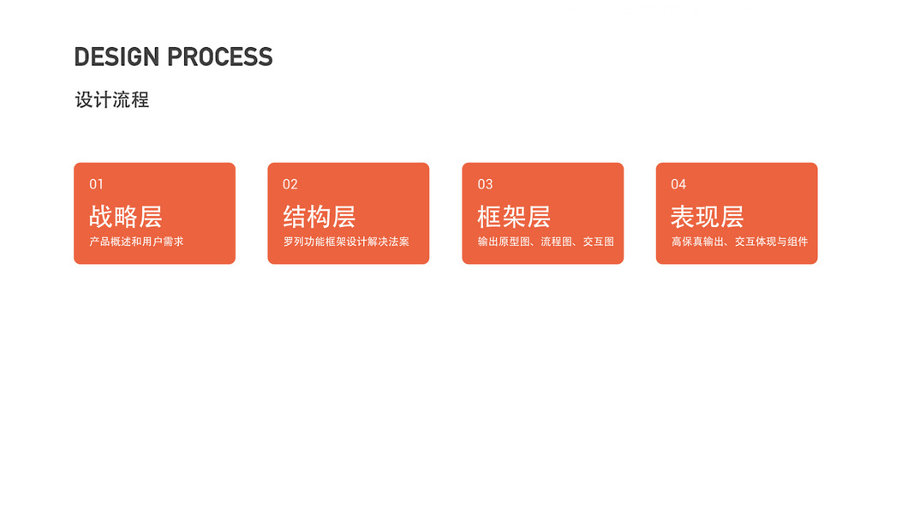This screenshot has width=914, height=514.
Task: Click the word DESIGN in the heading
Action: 117,57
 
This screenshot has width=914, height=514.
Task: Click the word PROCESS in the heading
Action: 220,57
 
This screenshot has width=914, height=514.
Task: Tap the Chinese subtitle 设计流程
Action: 112,100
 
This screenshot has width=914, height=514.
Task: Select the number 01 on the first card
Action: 97,184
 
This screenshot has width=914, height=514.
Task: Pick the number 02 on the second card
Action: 290,184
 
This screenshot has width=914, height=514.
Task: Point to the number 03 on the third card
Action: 485,184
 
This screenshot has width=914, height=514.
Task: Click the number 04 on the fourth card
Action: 678,184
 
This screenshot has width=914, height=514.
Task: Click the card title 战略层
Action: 126,216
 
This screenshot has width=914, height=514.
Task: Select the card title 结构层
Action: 320,216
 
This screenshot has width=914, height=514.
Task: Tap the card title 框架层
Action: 514,216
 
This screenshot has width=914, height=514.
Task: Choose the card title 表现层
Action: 708,216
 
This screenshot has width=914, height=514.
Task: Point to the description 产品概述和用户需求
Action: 136,242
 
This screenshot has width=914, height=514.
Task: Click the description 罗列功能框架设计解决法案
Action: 346,242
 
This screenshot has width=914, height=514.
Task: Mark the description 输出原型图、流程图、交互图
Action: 546,242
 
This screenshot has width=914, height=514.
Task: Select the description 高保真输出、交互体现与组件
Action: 739,242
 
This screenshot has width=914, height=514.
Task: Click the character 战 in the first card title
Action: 102,216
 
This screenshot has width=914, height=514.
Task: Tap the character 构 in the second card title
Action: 320,216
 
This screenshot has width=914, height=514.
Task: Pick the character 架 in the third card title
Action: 514,216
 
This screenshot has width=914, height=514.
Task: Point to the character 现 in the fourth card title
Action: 708,216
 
